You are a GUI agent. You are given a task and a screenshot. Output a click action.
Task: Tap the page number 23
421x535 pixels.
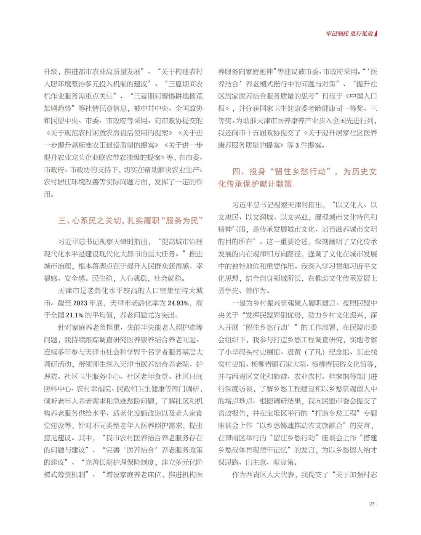pos(372,504)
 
